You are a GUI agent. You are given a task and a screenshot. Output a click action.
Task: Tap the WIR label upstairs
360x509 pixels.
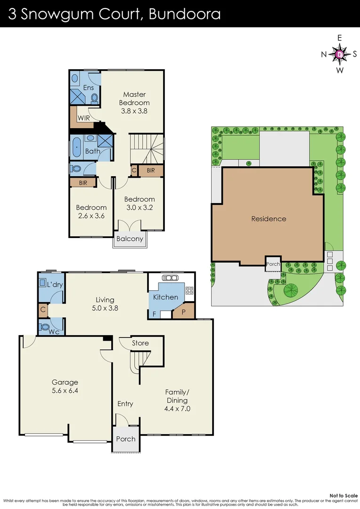point(78,117)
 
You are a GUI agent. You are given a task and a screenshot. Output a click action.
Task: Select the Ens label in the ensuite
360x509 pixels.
point(88,88)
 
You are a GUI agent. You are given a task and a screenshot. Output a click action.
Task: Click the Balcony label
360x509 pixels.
point(130,238)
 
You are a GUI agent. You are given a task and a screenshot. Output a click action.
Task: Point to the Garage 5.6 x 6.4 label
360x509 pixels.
point(65,386)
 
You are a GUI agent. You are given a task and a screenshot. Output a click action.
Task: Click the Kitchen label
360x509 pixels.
point(165,297)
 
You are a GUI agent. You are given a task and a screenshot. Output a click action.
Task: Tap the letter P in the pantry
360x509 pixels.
point(184,312)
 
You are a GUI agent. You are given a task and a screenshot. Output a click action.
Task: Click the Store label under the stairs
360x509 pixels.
point(140,343)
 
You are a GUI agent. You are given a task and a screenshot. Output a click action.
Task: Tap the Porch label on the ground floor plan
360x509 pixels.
point(126,439)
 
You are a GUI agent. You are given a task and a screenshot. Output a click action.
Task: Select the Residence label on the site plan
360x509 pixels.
point(268,219)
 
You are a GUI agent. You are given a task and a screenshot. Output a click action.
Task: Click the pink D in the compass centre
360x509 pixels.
point(339,54)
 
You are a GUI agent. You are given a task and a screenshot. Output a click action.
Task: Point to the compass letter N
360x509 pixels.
point(324,54)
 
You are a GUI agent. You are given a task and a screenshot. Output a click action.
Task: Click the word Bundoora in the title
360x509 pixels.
point(184,14)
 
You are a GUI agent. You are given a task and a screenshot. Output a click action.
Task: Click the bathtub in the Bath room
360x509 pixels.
point(76,147)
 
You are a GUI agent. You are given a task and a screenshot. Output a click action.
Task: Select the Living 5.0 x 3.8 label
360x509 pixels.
point(105,304)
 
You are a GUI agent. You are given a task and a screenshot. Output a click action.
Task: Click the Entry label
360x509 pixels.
point(125,403)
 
